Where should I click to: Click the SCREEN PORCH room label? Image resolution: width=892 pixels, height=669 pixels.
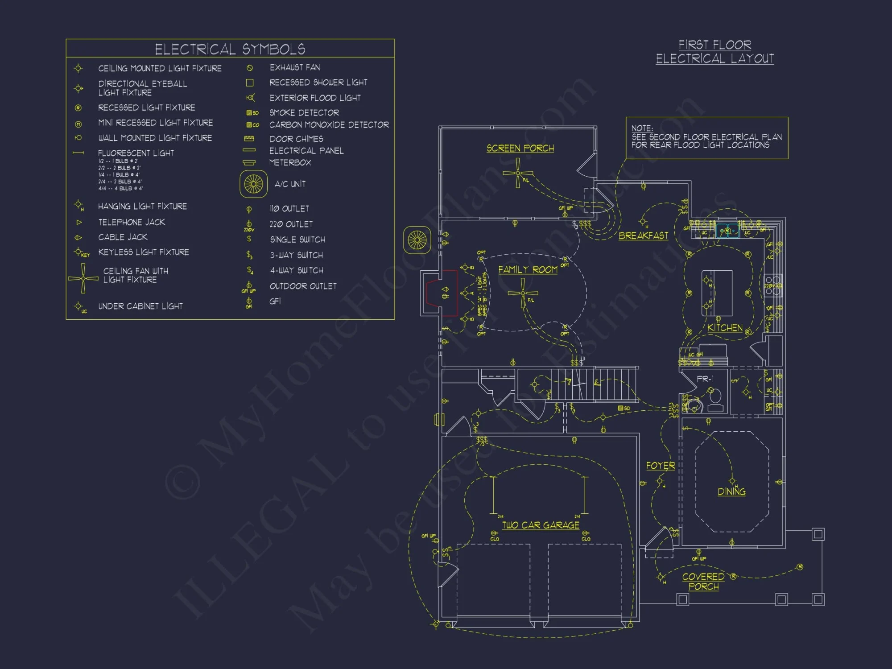click(520, 148)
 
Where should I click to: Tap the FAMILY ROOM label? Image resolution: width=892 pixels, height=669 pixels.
click(528, 269)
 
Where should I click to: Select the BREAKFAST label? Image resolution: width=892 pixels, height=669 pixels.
click(643, 235)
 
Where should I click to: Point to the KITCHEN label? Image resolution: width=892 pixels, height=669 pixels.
click(725, 328)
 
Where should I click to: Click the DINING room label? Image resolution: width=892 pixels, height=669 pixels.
click(731, 491)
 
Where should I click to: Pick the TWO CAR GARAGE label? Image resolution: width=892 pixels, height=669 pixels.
click(541, 525)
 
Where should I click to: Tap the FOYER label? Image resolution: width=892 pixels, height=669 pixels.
click(661, 466)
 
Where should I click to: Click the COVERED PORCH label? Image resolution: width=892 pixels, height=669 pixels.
click(703, 582)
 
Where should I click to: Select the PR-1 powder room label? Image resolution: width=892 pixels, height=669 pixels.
click(705, 379)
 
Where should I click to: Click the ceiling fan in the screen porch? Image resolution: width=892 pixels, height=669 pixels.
click(518, 173)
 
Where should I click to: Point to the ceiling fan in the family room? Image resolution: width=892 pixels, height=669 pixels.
click(523, 293)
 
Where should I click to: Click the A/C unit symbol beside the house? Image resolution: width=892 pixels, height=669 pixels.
click(417, 240)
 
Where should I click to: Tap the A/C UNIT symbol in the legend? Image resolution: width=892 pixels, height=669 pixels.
click(253, 184)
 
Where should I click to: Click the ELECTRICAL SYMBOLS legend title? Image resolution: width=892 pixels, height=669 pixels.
click(230, 49)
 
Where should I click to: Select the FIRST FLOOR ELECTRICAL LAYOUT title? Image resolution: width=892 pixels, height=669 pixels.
click(714, 52)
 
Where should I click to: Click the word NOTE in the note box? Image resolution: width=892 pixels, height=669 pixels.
click(642, 128)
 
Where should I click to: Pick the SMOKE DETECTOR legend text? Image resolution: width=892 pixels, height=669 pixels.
click(304, 113)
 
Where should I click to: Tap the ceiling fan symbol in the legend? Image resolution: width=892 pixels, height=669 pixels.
click(83, 278)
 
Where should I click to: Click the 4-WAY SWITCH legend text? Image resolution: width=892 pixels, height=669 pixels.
click(297, 270)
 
